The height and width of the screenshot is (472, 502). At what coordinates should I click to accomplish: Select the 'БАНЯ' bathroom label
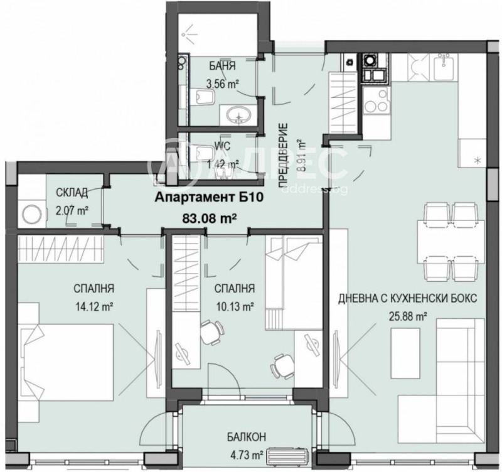pos(222,65)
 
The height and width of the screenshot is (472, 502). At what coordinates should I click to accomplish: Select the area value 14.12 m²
pos(93,307)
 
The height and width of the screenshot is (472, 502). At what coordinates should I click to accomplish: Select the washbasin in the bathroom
pos(238,115)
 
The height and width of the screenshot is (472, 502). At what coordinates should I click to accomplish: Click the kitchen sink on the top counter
pos(447,67)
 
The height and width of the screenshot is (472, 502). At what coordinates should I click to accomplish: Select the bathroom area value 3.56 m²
pos(221,81)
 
